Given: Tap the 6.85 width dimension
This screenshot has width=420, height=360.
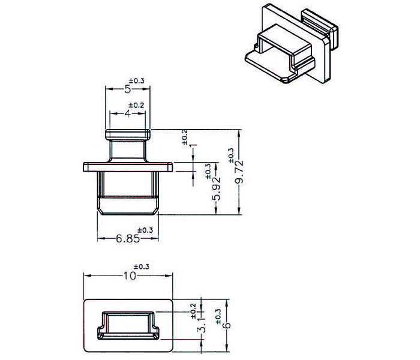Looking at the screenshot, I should pyautogui.click(x=128, y=239).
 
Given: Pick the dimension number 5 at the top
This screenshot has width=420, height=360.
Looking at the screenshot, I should pyautogui.click(x=127, y=89).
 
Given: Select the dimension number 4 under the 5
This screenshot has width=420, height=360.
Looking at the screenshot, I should pyautogui.click(x=128, y=113).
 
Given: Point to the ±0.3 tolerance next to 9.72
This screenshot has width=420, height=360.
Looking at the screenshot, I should pyautogui.click(x=232, y=156).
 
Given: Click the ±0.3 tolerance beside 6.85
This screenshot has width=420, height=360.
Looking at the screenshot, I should pyautogui.click(x=146, y=230).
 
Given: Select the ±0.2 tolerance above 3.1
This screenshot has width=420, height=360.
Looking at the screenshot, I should pyautogui.click(x=193, y=310).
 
